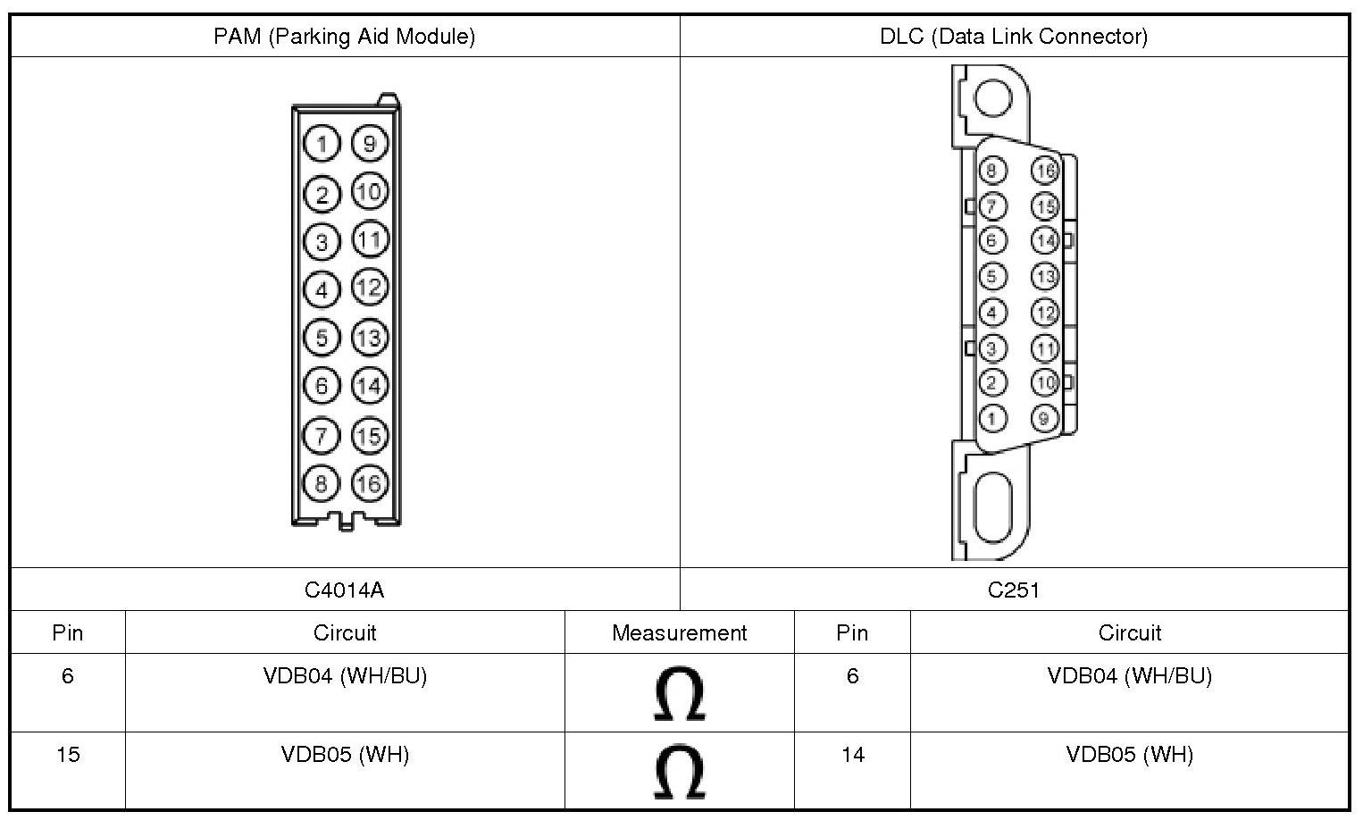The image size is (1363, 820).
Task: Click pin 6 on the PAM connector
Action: (x=322, y=386)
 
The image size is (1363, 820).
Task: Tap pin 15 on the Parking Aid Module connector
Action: (x=370, y=436)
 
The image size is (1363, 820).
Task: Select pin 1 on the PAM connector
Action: (x=322, y=144)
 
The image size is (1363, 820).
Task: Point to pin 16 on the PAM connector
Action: (x=370, y=483)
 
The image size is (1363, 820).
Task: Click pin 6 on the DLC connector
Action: (x=992, y=241)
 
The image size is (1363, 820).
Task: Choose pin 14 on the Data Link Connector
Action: (x=1045, y=241)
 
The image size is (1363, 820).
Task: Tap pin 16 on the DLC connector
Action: (x=1045, y=171)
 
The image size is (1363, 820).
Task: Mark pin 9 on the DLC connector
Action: (x=1045, y=419)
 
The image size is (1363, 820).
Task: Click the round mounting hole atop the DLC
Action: (x=992, y=97)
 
